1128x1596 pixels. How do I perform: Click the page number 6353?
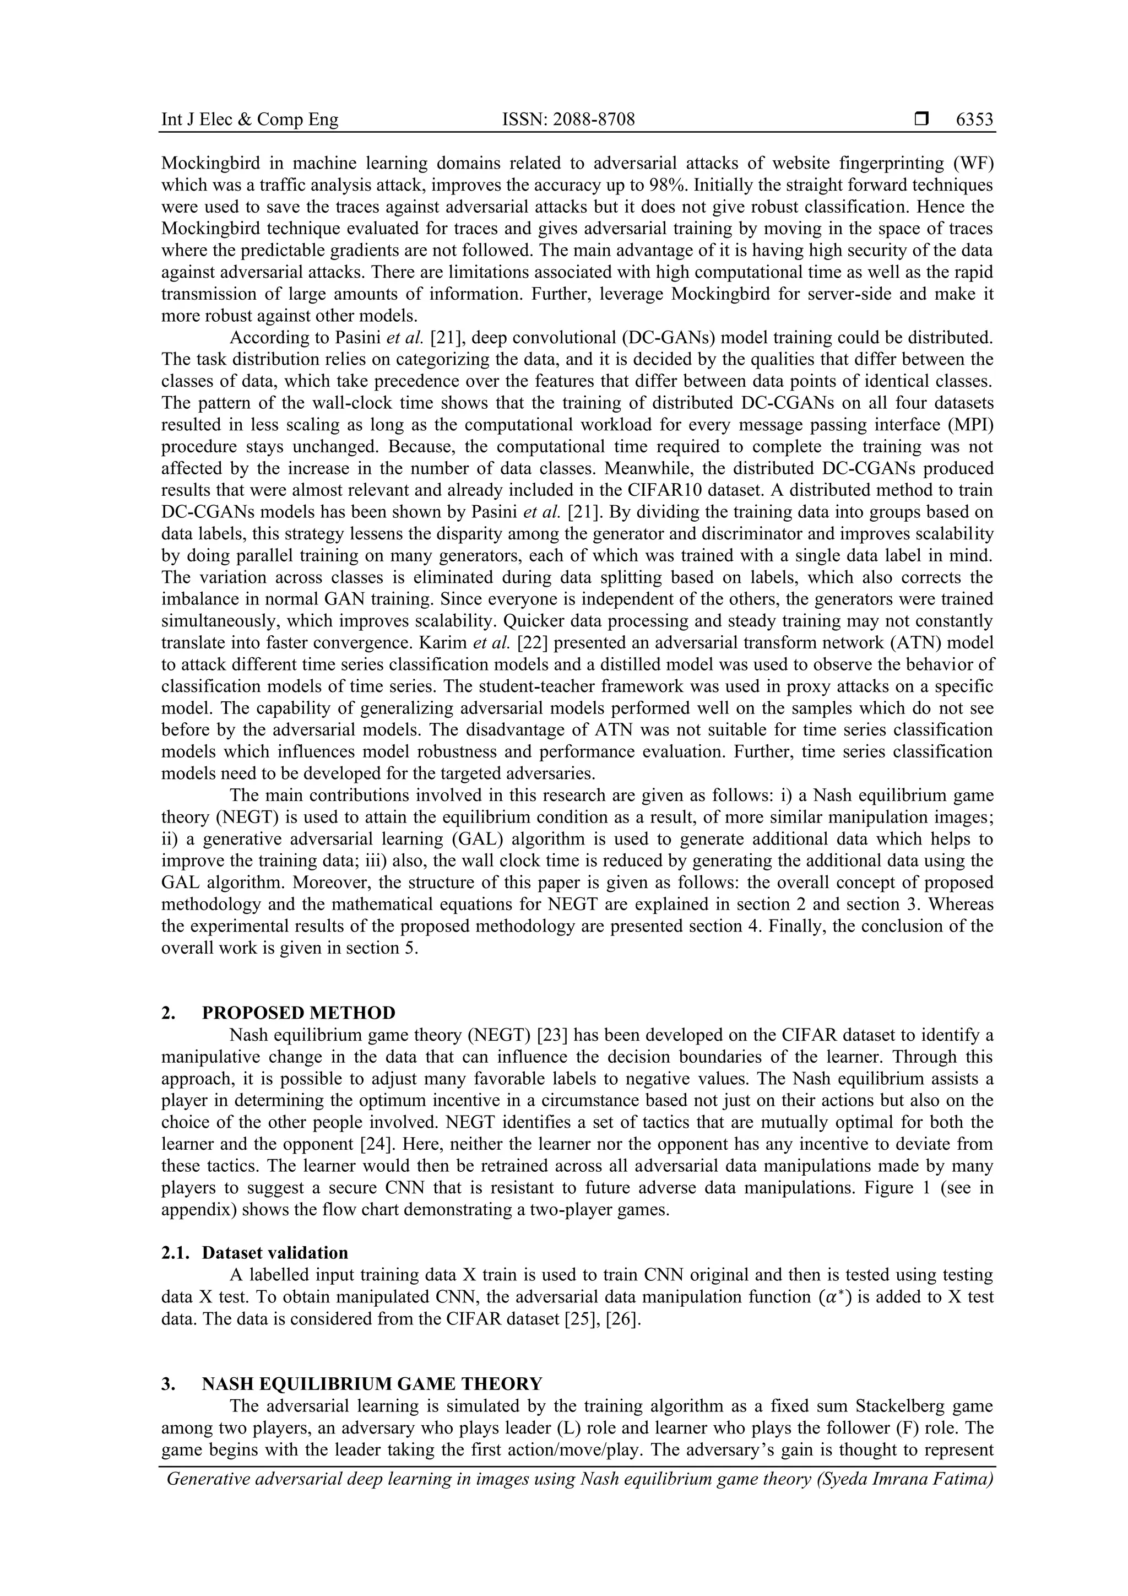[974, 120]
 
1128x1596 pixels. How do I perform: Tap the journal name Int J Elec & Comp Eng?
[250, 120]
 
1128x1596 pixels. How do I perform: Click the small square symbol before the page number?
[921, 120]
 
